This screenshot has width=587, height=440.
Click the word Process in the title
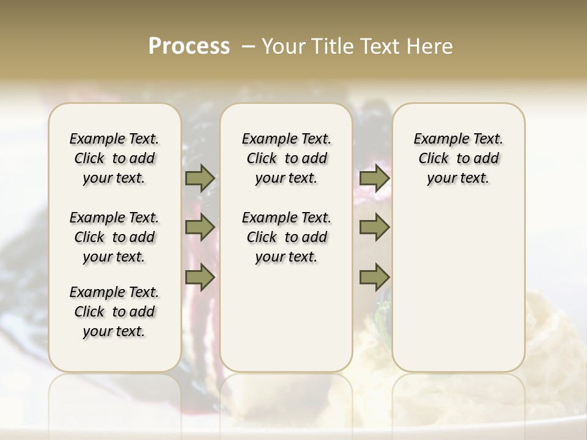(189, 46)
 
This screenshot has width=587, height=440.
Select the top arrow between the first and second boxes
(199, 178)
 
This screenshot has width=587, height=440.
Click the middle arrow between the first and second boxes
(199, 227)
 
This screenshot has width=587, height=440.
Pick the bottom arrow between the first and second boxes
(199, 277)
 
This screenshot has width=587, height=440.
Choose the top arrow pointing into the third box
(374, 178)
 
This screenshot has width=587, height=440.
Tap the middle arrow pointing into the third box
(374, 227)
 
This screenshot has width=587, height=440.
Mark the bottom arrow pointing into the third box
(374, 277)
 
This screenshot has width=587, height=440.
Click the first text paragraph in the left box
(114, 158)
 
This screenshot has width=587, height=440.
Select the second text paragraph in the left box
(114, 237)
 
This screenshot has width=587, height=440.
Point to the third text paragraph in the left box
(114, 312)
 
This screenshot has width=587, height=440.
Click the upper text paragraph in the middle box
(286, 158)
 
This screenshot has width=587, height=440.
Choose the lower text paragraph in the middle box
(286, 237)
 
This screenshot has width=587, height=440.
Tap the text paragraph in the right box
(459, 158)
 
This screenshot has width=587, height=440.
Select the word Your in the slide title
(284, 46)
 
